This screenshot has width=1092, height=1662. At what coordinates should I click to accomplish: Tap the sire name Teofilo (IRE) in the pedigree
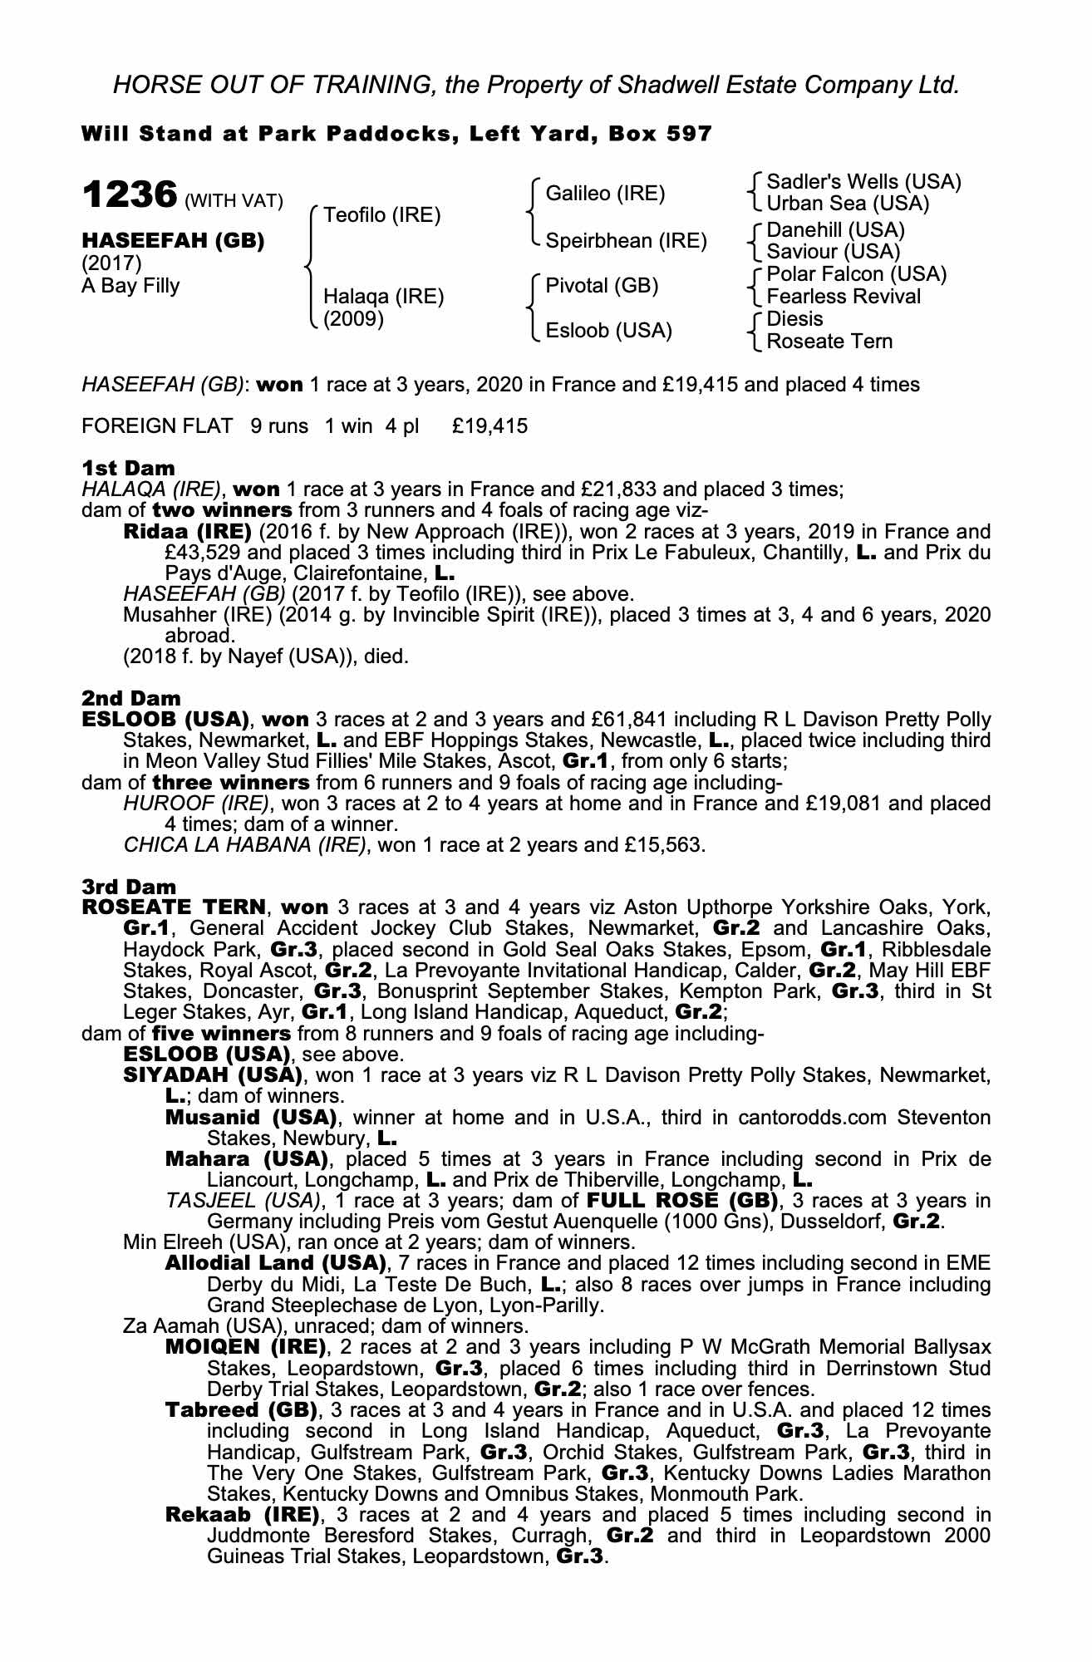click(381, 215)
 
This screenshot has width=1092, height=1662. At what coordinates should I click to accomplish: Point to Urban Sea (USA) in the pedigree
click(848, 204)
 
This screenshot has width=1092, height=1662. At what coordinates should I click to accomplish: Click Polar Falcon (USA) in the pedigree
click(856, 274)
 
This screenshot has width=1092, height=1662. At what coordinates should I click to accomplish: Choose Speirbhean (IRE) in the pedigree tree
click(626, 241)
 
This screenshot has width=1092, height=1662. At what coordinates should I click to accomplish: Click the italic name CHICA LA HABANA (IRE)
click(244, 845)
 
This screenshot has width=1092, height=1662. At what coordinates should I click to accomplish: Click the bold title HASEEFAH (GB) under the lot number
click(173, 241)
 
